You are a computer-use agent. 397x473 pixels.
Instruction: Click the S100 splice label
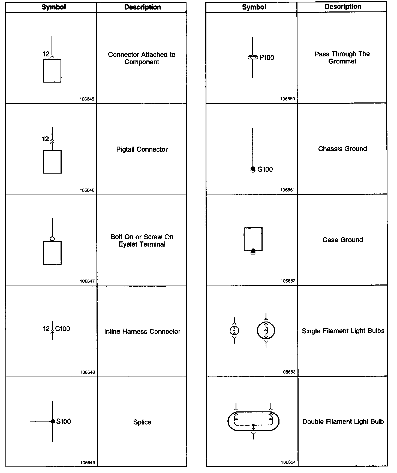tap(64, 421)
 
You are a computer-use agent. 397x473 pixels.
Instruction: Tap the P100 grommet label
tap(267, 57)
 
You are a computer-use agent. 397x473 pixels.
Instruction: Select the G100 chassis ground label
tap(265, 169)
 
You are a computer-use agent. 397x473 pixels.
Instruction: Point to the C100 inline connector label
tap(62, 329)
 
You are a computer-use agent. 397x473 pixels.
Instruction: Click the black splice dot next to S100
tap(53, 422)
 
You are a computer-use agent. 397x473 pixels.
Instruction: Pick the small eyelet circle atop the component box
tap(52, 239)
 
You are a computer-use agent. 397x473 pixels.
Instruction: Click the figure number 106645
tap(87, 99)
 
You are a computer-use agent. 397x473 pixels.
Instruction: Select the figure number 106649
tap(88, 463)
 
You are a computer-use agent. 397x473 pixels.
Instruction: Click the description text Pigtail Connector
tap(142, 149)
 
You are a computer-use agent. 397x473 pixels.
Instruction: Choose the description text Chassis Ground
tap(342, 149)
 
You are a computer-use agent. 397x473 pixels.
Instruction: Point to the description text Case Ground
tap(343, 240)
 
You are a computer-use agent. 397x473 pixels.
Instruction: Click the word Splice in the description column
tap(142, 422)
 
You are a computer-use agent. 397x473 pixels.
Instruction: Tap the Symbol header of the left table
tap(53, 7)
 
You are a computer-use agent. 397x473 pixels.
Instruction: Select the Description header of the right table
tap(343, 7)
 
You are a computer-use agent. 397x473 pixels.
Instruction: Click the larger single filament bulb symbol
tap(266, 331)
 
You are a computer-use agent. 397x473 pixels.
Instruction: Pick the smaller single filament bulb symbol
tap(234, 331)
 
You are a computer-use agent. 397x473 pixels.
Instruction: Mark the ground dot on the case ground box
tap(253, 250)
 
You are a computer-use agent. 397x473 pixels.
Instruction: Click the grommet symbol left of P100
tap(252, 57)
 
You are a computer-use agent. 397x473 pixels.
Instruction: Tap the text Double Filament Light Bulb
tap(343, 422)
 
